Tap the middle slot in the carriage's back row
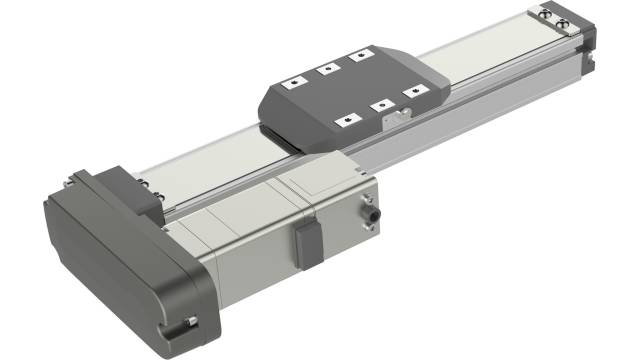tap(326, 70)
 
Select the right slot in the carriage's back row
tap(358, 57)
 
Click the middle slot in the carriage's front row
tap(380, 104)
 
